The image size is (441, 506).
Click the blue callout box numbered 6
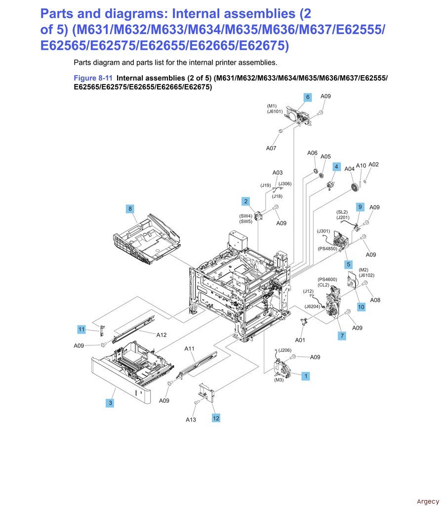[308, 97]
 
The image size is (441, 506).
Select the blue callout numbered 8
[130, 209]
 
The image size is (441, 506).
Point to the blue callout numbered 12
[216, 418]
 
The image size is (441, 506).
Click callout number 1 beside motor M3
[306, 376]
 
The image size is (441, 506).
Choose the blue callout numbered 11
[81, 329]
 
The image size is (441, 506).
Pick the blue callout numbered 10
[361, 307]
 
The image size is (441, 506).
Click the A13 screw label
[191, 420]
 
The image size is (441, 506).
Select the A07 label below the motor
[271, 148]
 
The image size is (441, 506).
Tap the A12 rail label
[161, 335]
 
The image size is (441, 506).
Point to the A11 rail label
[190, 348]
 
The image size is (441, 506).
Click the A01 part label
[300, 340]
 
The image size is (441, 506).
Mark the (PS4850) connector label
[327, 249]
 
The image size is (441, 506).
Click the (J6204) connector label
[312, 306]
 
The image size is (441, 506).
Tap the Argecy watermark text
[427, 501]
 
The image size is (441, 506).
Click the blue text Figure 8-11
[93, 78]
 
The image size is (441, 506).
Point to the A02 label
[374, 165]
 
